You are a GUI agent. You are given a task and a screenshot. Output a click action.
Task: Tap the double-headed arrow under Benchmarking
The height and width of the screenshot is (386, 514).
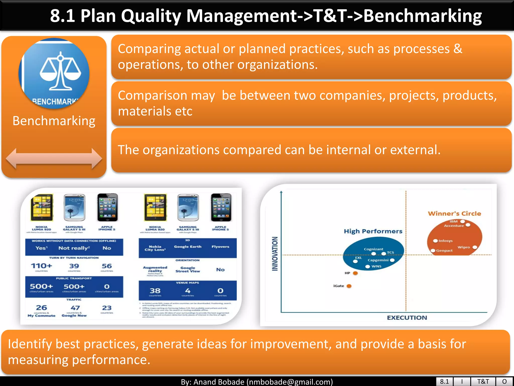click(x=54, y=159)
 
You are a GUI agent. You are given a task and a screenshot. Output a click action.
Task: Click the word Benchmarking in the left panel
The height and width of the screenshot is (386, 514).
click(x=54, y=121)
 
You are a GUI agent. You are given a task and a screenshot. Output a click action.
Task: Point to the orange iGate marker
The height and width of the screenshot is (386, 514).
click(x=349, y=286)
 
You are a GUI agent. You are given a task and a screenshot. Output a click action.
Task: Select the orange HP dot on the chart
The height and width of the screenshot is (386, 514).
click(x=355, y=273)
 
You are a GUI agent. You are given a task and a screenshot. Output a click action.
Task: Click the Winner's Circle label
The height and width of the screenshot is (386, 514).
click(x=454, y=214)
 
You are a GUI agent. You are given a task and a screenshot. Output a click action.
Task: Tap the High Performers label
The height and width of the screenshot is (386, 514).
click(x=373, y=231)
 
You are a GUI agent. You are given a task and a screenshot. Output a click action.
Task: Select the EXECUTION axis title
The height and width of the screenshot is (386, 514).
click(x=407, y=318)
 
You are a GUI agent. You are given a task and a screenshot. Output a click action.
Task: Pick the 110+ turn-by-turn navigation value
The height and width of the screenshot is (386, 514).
click(x=41, y=266)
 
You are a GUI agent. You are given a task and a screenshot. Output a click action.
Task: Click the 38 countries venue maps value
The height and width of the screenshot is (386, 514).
click(x=155, y=291)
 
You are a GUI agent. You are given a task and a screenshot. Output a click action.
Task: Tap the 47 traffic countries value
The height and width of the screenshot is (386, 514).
click(x=75, y=308)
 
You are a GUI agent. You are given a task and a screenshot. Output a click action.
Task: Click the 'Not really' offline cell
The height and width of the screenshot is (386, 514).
click(x=74, y=248)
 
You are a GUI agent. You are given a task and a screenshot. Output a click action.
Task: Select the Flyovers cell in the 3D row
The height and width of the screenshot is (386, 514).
click(x=220, y=247)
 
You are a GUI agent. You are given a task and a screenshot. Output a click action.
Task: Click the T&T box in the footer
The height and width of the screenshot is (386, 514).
click(x=483, y=381)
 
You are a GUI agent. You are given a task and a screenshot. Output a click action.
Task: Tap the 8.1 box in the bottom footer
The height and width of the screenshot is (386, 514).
click(x=444, y=381)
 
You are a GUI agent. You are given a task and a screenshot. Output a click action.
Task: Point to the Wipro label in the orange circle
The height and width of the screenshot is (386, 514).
click(x=464, y=247)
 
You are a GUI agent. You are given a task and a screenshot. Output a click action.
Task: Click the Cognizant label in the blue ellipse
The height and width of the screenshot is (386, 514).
click(x=373, y=249)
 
